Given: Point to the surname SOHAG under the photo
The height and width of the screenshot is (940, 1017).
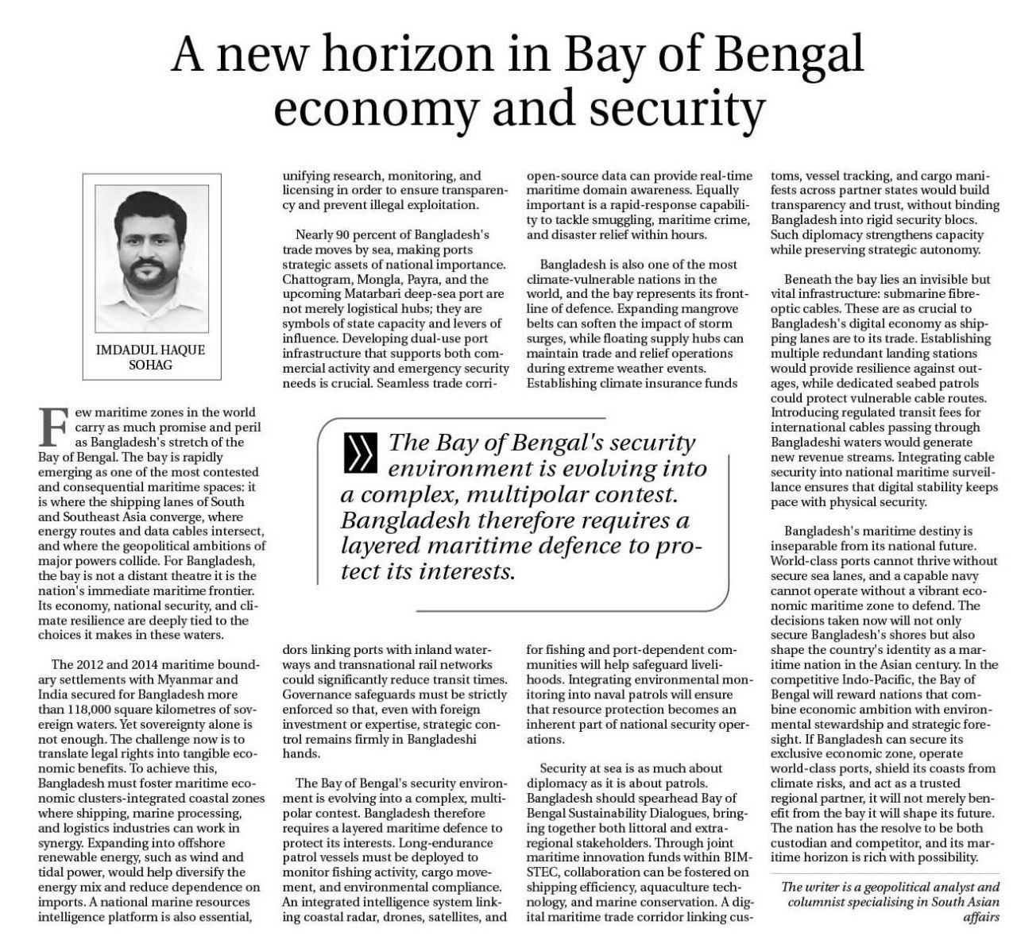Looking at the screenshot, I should pyautogui.click(x=151, y=365).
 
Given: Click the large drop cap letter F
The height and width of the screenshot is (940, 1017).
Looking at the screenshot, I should pyautogui.click(x=52, y=425).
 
